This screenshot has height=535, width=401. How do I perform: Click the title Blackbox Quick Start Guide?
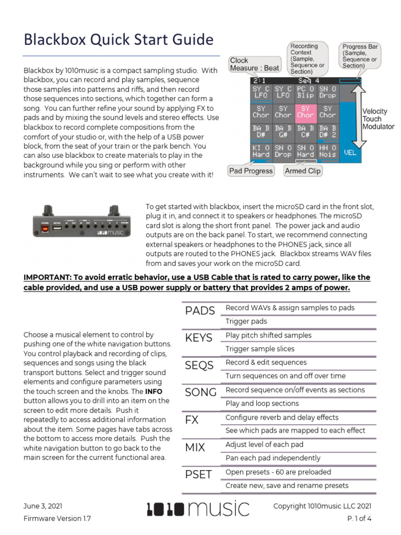click(119, 40)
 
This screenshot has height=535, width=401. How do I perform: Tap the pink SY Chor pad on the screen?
click(305, 112)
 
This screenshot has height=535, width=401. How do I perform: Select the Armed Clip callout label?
click(303, 171)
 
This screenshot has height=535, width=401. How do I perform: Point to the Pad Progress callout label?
click(251, 171)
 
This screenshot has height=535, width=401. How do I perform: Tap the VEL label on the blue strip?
click(350, 153)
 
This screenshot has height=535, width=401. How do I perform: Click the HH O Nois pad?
click(327, 151)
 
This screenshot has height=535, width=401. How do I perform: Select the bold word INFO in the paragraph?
click(154, 391)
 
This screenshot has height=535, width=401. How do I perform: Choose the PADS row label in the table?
click(199, 311)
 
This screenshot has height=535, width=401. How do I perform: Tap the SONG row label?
click(201, 392)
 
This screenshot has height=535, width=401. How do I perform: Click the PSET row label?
click(198, 474)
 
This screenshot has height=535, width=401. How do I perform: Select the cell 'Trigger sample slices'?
click(260, 349)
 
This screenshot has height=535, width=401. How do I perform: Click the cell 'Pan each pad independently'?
click(273, 458)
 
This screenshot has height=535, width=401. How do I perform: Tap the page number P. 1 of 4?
click(359, 519)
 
